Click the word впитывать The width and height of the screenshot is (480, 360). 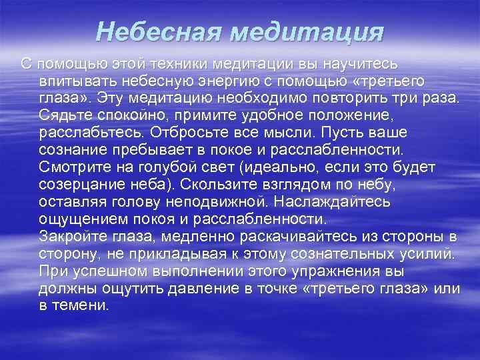tap(79, 81)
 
